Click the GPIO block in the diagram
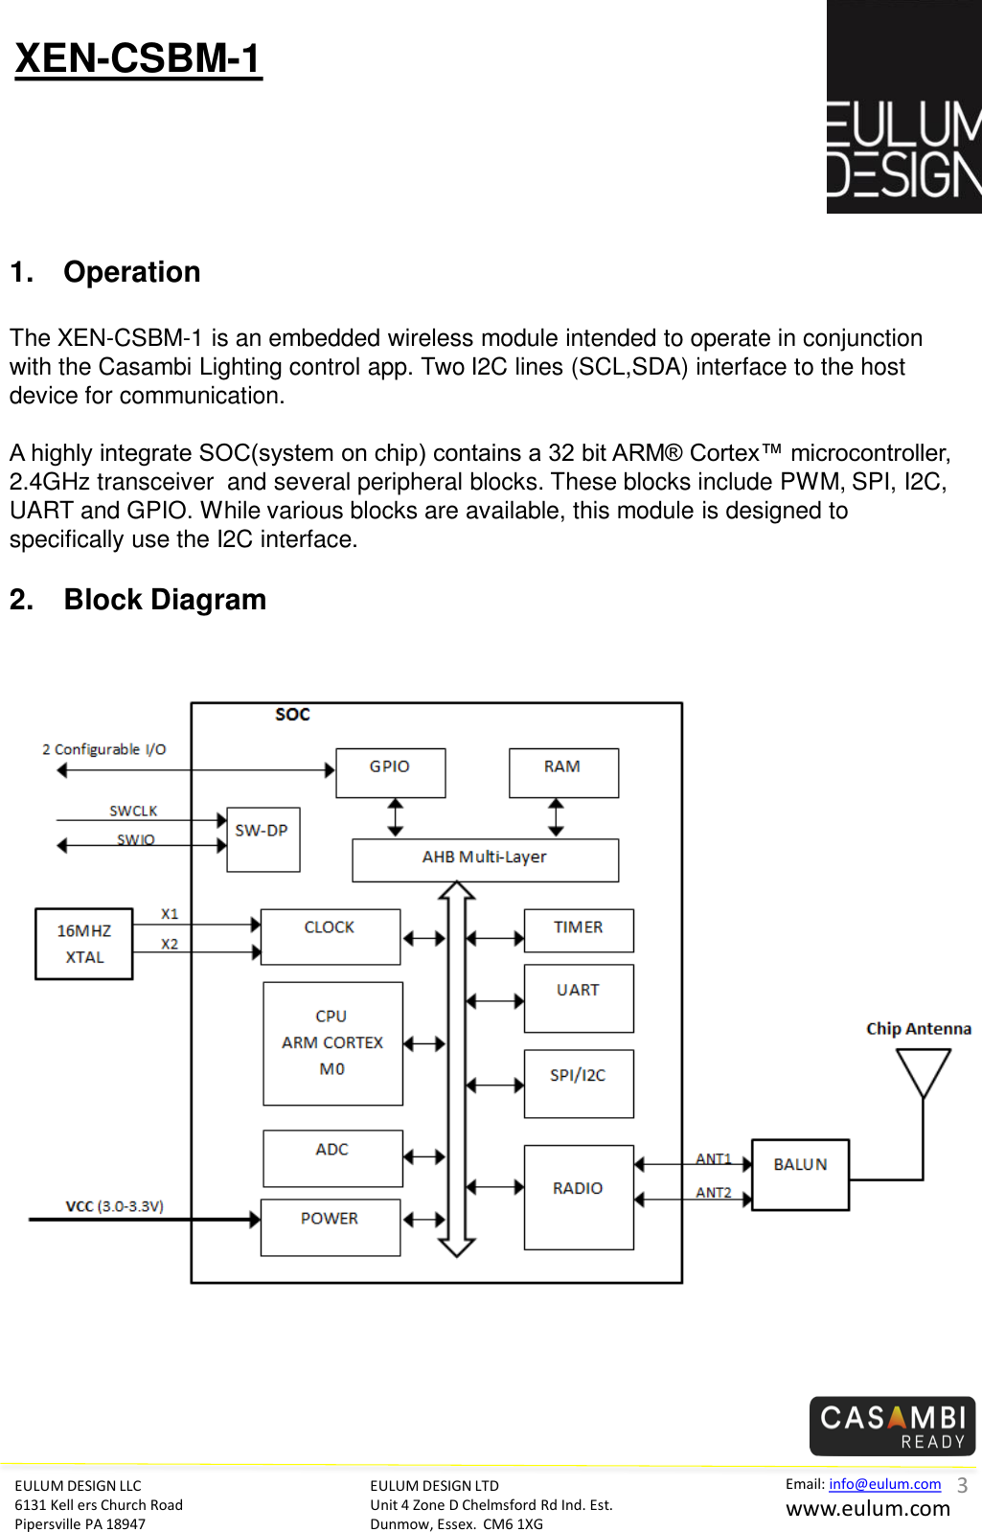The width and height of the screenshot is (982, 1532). (x=391, y=773)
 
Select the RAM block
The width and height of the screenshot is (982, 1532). (x=563, y=773)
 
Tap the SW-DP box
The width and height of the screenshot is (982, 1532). (x=263, y=839)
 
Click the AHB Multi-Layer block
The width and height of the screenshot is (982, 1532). (x=486, y=860)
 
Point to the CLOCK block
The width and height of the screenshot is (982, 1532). (x=331, y=937)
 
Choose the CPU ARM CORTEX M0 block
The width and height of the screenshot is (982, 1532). (x=333, y=1043)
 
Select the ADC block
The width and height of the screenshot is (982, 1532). (x=333, y=1158)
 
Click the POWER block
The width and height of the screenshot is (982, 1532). (x=331, y=1227)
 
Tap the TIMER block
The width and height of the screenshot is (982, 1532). (x=579, y=931)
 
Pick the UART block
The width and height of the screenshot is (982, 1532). (x=579, y=998)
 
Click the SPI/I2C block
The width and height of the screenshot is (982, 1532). (x=579, y=1084)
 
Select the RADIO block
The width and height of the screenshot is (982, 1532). (x=579, y=1198)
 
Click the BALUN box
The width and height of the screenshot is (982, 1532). (x=800, y=1175)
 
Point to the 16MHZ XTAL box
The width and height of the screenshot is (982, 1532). (x=84, y=944)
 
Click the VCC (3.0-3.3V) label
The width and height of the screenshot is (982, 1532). (x=115, y=1205)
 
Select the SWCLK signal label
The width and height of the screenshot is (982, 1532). (x=133, y=811)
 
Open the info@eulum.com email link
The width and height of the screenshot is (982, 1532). (x=885, y=1483)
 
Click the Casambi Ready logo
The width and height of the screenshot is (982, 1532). (x=892, y=1426)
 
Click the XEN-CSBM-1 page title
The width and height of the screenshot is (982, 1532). (x=138, y=58)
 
